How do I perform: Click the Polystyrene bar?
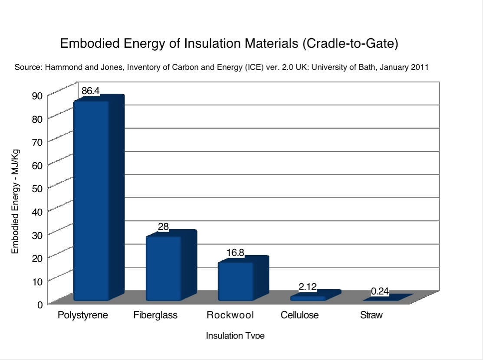pyautogui.click(x=92, y=200)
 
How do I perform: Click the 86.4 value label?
pyautogui.click(x=91, y=91)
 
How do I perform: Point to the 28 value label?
pyautogui.click(x=163, y=226)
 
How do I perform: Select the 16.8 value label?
pyautogui.click(x=236, y=252)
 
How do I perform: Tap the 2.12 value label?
pyautogui.click(x=308, y=287)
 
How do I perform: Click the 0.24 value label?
pyautogui.click(x=380, y=292)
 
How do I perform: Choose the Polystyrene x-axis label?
pyautogui.click(x=83, y=315)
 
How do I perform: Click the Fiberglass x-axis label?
pyautogui.click(x=155, y=315)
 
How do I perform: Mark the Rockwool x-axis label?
pyautogui.click(x=230, y=315)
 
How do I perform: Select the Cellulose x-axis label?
pyautogui.click(x=299, y=315)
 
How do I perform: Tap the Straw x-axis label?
pyautogui.click(x=371, y=315)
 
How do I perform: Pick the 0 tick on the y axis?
pyautogui.click(x=39, y=305)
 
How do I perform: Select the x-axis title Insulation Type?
pyautogui.click(x=235, y=336)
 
